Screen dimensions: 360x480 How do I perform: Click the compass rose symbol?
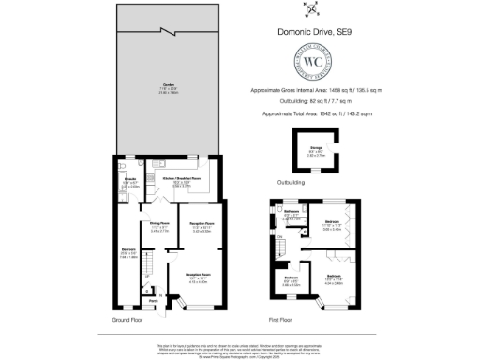coord(309,11)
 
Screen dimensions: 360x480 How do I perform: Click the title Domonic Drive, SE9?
coord(310,33)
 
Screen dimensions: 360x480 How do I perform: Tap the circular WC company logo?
coord(310,66)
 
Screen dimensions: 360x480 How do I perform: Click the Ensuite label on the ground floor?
coord(130,181)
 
